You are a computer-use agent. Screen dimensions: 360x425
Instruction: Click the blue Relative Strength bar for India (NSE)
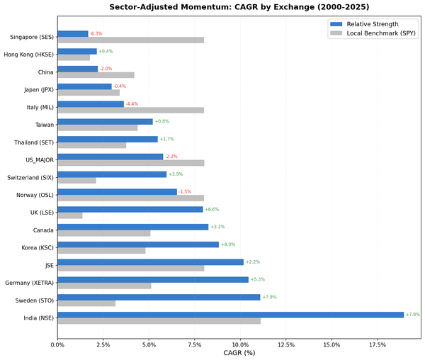(230, 315)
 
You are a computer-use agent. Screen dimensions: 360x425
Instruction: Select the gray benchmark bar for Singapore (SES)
(130, 40)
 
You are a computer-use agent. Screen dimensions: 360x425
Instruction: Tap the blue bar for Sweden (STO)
(159, 297)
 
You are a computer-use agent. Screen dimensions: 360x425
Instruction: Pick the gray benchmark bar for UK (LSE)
(69, 215)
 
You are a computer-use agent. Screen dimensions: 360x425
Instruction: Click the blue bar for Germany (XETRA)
(153, 279)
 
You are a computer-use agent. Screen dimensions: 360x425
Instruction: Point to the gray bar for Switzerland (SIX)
(76, 180)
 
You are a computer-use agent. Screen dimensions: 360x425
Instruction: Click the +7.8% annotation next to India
(413, 315)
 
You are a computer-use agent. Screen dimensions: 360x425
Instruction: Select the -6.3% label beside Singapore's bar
(96, 33)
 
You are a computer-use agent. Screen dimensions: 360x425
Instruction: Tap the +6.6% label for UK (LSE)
(212, 209)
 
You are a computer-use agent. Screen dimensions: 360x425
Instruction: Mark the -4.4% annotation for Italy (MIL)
(132, 103)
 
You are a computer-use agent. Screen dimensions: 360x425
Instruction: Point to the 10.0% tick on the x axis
(240, 345)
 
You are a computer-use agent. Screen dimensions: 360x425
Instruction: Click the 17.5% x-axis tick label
(377, 345)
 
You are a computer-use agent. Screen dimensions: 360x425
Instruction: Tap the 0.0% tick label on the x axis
(57, 345)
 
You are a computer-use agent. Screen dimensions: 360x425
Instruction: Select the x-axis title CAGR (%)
(239, 354)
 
